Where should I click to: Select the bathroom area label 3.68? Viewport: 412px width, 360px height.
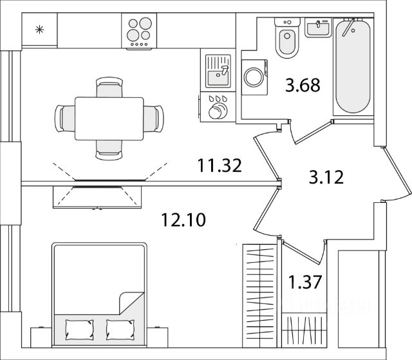[303, 85]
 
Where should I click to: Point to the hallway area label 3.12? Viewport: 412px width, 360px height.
[326, 175]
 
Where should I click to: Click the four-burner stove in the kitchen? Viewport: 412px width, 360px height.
[140, 30]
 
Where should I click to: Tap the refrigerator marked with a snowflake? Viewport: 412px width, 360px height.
[40, 30]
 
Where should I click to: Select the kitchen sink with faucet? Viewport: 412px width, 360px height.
[218, 71]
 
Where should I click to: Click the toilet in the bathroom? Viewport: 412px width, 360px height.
[286, 39]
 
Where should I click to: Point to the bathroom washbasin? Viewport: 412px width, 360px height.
[316, 28]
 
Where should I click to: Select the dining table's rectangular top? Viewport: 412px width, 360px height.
[109, 118]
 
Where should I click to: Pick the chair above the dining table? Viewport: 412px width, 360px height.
[109, 86]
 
